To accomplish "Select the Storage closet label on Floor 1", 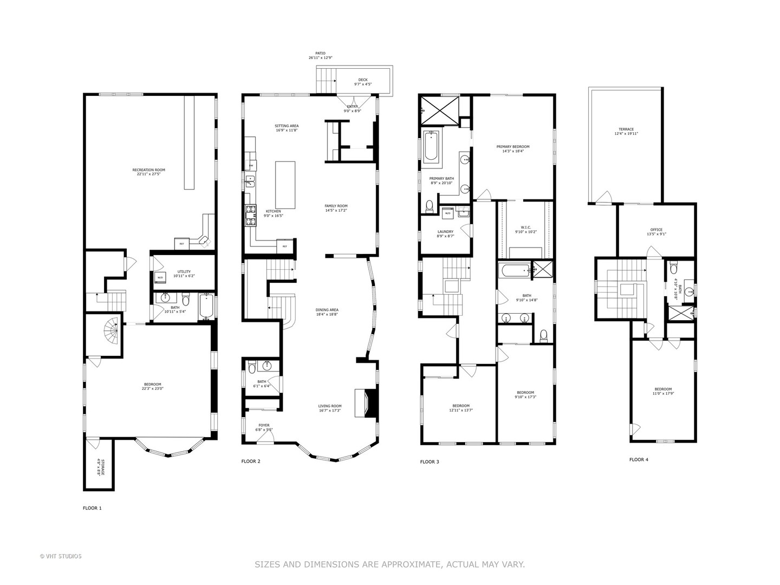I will point(99,467).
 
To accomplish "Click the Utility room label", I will point(181,274).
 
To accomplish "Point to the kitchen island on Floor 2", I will point(285,185).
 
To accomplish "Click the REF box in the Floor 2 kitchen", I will point(285,246).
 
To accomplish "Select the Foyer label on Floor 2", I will point(264,427).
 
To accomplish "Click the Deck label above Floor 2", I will point(363,82).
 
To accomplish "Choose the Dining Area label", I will point(327,312).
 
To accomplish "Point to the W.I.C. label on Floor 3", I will point(525,229).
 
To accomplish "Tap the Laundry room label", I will point(445,233).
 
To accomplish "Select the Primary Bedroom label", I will point(512,149).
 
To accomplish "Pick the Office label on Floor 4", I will point(656,232).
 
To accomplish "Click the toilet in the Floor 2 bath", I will point(252,369).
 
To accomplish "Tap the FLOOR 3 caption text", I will point(430,462).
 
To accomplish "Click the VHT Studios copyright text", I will point(61,556).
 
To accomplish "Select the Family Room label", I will point(336,208).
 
